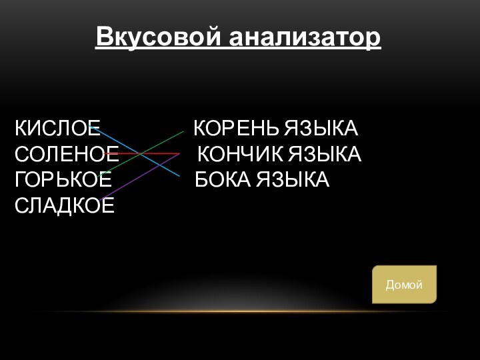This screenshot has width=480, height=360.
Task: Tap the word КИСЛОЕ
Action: [x=57, y=127]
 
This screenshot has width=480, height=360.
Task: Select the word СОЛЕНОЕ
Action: [x=67, y=155]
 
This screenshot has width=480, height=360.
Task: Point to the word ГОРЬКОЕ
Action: [x=63, y=180]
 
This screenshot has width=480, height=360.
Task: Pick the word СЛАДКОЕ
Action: [x=65, y=205]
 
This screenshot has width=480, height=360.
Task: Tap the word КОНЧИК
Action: [x=240, y=155]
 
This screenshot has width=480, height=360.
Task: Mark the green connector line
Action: [x=160, y=143]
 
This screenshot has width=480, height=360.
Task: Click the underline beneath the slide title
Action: [x=239, y=48]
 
